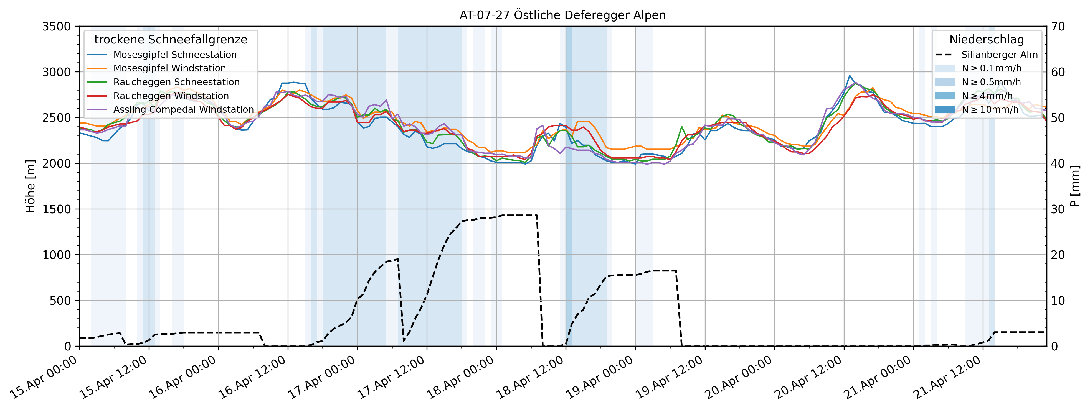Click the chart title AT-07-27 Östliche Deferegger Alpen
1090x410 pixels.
(562, 15)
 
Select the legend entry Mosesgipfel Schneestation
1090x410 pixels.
(175, 55)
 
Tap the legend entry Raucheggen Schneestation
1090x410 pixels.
(176, 82)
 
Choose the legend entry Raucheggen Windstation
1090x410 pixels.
(171, 96)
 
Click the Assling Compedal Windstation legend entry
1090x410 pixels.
(183, 109)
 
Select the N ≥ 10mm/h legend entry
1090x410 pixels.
(990, 109)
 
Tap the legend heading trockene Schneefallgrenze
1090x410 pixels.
(171, 40)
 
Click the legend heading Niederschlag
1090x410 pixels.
(986, 40)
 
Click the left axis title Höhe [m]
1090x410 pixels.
(31, 186)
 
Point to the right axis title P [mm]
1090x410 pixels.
(1075, 186)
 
